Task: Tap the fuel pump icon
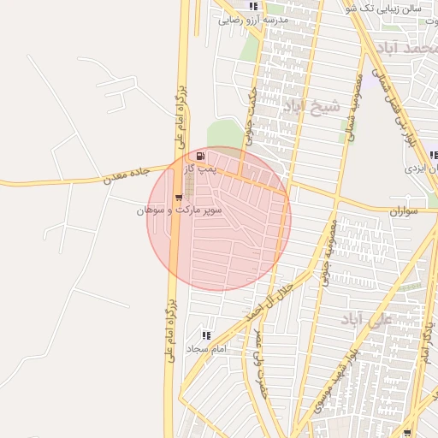click(x=200, y=156)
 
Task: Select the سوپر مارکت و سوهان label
click(x=179, y=209)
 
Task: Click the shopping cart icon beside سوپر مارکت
click(x=178, y=198)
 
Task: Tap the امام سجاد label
click(x=206, y=349)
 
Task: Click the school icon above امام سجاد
click(x=205, y=335)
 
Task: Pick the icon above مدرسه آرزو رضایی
click(x=253, y=6)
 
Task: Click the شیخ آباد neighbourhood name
click(x=311, y=107)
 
